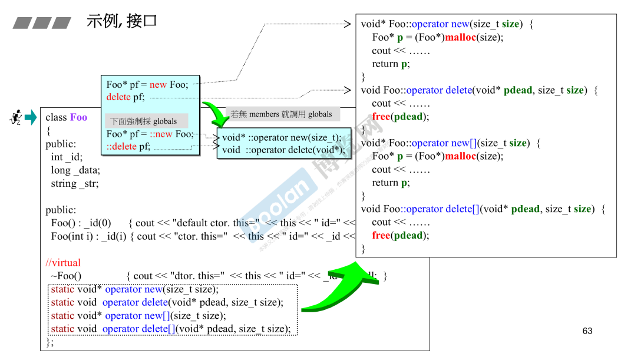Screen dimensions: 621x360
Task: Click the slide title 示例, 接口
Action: pos(122,21)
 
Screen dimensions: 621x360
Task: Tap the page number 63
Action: pos(587,331)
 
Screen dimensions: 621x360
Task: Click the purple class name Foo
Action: pos(78,117)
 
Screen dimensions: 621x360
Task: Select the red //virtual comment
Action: pos(63,263)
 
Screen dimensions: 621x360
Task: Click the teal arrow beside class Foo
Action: pos(31,117)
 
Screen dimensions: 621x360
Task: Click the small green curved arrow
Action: pos(216,115)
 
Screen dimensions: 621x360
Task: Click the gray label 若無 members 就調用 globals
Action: pos(282,114)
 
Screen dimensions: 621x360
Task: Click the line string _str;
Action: pos(75,184)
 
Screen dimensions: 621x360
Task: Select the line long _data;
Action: pos(75,170)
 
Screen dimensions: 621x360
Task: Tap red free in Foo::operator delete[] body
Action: pos(381,235)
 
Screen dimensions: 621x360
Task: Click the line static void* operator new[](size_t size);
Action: pos(134,316)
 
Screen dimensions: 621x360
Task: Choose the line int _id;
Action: pos(67,157)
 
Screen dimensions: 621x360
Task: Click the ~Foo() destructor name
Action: pos(66,276)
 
